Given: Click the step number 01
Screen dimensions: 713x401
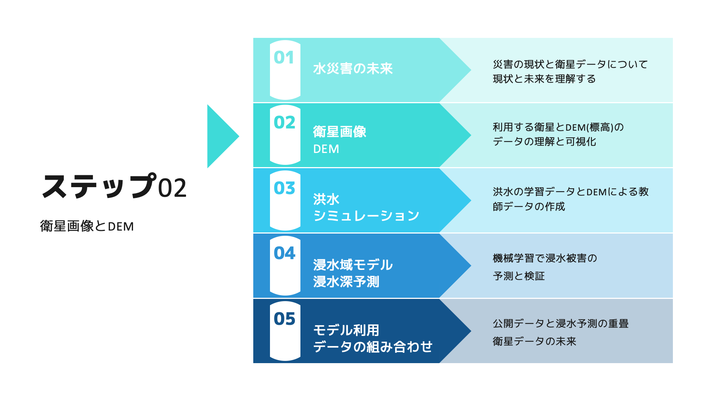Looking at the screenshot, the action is coord(284,58).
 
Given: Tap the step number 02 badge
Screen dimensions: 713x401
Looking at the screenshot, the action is coord(284,123).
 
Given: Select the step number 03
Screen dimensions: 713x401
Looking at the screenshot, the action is coord(284,188).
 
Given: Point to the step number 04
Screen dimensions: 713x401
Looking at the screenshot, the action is coord(284,253).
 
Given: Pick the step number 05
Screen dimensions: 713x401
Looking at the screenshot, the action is coord(284,319).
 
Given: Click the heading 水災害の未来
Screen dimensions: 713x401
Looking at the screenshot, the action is coord(353,69).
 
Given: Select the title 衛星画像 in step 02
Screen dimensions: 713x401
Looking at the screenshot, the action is coord(339,132).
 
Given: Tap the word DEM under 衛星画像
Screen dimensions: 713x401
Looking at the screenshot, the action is coord(326,149).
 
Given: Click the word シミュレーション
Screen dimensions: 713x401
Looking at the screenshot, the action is coord(366,216).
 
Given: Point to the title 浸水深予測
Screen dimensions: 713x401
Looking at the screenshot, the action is coord(346,281).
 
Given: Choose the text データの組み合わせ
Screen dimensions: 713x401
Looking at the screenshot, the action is coord(373,347).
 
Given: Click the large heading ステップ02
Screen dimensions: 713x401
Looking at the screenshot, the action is coord(114,186).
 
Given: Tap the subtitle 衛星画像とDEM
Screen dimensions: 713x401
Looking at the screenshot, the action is coord(87,226).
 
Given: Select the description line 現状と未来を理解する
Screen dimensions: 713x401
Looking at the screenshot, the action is coord(544,79).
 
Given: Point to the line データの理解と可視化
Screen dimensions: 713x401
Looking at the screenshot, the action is coord(544,141).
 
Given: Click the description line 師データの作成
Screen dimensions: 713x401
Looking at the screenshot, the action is coord(529,206).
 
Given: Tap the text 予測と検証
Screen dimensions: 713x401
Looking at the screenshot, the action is coord(519,276).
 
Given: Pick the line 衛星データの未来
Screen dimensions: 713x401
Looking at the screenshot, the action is coord(534,341).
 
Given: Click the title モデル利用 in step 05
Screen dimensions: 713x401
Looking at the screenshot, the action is coord(346,330).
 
